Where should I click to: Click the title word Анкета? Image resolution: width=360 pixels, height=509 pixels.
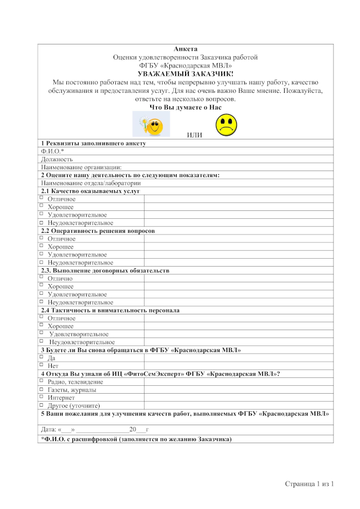click(x=186, y=49)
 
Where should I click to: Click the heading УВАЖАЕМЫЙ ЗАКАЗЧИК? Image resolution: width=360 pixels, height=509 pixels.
click(x=186, y=74)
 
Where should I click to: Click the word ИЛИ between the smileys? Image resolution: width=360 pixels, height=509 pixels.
click(x=195, y=136)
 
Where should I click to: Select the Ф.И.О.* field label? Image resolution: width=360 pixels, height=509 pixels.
click(x=52, y=151)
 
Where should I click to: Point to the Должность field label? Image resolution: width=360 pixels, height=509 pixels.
click(x=57, y=159)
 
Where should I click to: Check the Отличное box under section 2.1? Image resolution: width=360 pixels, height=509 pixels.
click(x=42, y=199)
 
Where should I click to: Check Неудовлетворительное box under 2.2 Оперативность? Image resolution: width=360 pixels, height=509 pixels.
click(x=42, y=262)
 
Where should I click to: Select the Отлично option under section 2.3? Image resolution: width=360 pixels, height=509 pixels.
click(x=42, y=278)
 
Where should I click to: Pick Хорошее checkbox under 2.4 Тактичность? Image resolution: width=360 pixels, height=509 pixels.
click(x=42, y=326)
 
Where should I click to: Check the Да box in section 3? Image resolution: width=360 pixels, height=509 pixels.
click(x=42, y=357)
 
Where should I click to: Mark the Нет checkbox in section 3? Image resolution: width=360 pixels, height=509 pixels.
click(x=42, y=365)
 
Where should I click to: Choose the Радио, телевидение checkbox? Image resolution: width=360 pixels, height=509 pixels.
click(x=42, y=381)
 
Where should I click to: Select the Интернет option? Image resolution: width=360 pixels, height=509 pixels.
click(x=42, y=397)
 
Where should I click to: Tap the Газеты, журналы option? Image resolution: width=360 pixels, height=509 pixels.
click(x=42, y=389)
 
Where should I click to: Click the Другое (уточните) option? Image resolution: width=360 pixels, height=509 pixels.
click(x=42, y=405)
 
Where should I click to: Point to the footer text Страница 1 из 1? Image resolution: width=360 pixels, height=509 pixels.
click(x=310, y=484)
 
